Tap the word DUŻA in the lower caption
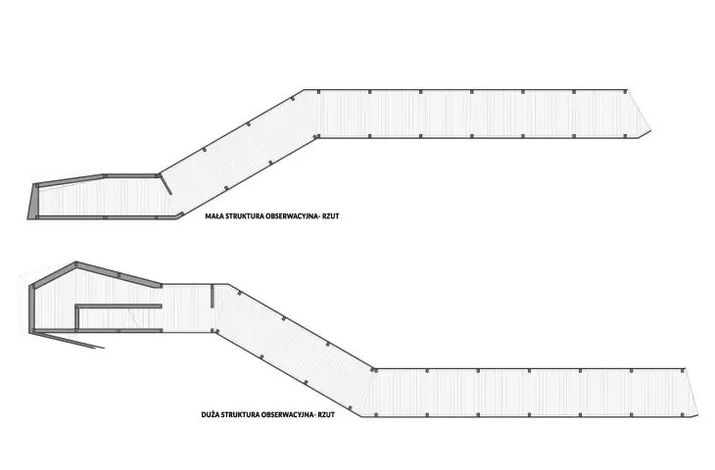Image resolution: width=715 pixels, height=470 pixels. pyautogui.click(x=210, y=415)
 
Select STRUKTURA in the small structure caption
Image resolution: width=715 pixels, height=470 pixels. pyautogui.click(x=242, y=216)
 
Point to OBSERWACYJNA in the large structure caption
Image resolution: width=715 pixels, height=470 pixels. pyautogui.click(x=288, y=415)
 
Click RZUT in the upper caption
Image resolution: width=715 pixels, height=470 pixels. pyautogui.click(x=331, y=216)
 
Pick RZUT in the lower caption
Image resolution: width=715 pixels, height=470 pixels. pyautogui.click(x=326, y=415)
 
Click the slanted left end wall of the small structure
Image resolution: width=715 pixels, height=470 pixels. pyautogui.click(x=32, y=202)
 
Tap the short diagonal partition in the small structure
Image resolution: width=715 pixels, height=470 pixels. pyautogui.click(x=166, y=184)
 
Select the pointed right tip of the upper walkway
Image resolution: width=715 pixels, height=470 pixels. pyautogui.click(x=650, y=131)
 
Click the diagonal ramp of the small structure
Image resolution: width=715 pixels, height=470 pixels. pyautogui.click(x=237, y=153)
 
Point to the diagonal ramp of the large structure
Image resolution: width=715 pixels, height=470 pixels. pyautogui.click(x=294, y=351)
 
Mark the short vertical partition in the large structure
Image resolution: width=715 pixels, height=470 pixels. pyautogui.click(x=213, y=297)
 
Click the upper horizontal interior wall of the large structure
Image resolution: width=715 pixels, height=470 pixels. pyautogui.click(x=119, y=306)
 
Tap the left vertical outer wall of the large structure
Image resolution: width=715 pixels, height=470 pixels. pyautogui.click(x=31, y=309)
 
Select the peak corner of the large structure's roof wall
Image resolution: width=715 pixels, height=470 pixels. pyautogui.click(x=75, y=262)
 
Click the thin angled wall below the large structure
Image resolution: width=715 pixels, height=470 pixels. pyautogui.click(x=69, y=341)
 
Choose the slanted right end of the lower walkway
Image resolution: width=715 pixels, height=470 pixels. pyautogui.click(x=691, y=392)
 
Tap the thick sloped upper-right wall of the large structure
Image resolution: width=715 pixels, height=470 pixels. pyautogui.click(x=119, y=274)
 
